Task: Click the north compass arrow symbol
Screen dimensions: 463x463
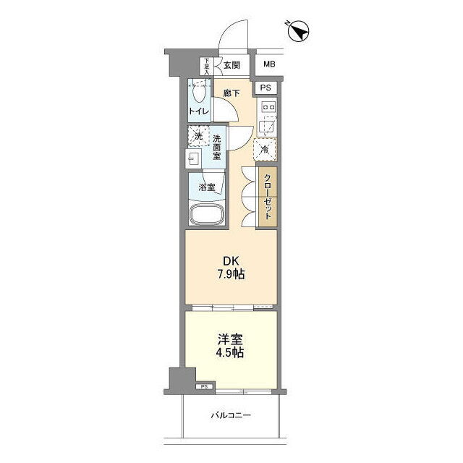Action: point(298,31)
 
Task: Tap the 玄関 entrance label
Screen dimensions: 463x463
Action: point(231,65)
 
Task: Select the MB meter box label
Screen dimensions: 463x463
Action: point(269,64)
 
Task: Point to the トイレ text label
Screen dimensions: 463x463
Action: point(199,111)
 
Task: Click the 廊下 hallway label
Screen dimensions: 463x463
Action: point(231,93)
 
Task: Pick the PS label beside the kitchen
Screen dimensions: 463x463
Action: point(266,88)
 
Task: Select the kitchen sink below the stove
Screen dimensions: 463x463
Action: point(268,126)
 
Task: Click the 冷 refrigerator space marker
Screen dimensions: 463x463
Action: point(265,150)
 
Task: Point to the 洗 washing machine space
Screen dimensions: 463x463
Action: point(198,136)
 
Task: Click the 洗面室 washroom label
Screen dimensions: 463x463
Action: point(217,148)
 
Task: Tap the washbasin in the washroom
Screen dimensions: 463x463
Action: point(193,158)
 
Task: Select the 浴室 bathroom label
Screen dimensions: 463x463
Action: point(207,187)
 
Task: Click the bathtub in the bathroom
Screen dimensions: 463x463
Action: point(207,214)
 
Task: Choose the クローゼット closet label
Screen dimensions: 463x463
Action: point(268,197)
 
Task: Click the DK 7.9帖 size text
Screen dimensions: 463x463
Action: point(231,268)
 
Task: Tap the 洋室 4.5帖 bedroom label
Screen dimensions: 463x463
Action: point(231,346)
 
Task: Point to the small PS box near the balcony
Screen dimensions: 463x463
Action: point(204,386)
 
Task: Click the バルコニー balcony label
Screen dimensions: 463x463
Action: point(231,415)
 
